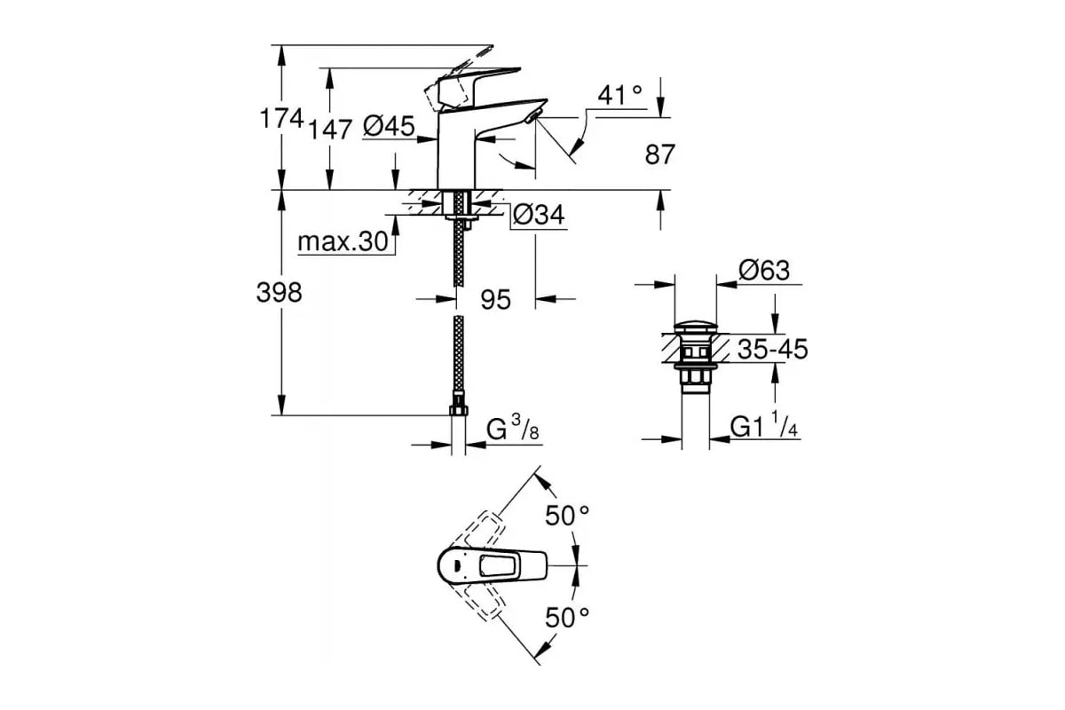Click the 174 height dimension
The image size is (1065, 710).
[x=281, y=118]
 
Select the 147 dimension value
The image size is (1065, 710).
[x=330, y=130]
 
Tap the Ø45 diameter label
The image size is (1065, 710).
[x=389, y=127]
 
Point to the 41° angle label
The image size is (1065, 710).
[x=619, y=95]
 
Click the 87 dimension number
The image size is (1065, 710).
[x=660, y=154]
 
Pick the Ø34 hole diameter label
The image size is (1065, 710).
[x=539, y=215]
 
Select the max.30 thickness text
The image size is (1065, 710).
[x=343, y=241]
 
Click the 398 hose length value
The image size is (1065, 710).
[x=279, y=292]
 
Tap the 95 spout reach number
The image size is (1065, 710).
[x=495, y=300]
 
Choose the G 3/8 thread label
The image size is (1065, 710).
[x=513, y=428]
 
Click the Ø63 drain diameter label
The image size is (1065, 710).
[x=764, y=271]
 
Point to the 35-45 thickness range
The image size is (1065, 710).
[x=773, y=349]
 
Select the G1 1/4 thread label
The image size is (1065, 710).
[x=764, y=425]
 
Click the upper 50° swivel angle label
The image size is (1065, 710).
[x=567, y=516]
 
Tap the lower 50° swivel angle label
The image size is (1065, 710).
[x=567, y=618]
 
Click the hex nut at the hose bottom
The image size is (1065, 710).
[x=458, y=410]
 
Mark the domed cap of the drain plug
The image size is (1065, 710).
[x=696, y=328]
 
